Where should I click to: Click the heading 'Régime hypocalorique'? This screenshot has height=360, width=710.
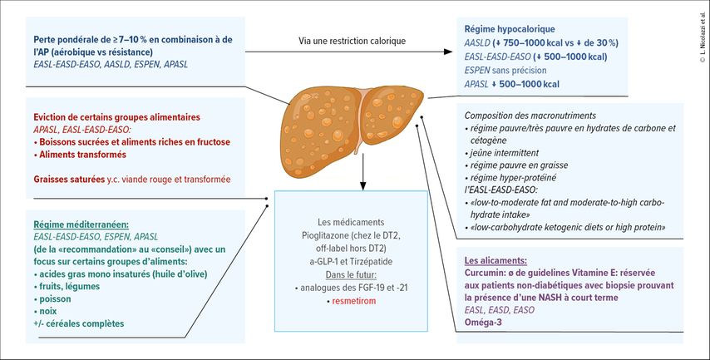tap(510, 29)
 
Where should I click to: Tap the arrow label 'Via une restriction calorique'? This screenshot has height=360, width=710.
tap(352, 41)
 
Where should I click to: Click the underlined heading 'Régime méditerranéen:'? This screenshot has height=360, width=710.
tap(81, 224)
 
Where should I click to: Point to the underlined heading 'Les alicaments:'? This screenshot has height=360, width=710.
tap(496, 261)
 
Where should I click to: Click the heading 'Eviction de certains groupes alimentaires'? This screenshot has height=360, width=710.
tap(117, 117)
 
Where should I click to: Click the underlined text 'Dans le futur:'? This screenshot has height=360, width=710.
tap(351, 275)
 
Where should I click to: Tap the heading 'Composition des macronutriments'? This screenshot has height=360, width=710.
tap(530, 116)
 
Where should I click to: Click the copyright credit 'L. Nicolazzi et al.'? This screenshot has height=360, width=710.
tap(703, 37)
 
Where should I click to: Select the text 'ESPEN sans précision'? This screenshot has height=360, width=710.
tap(505, 70)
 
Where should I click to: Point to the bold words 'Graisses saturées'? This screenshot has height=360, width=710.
tap(69, 180)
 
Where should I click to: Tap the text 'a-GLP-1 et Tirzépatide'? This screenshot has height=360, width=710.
tap(351, 262)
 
